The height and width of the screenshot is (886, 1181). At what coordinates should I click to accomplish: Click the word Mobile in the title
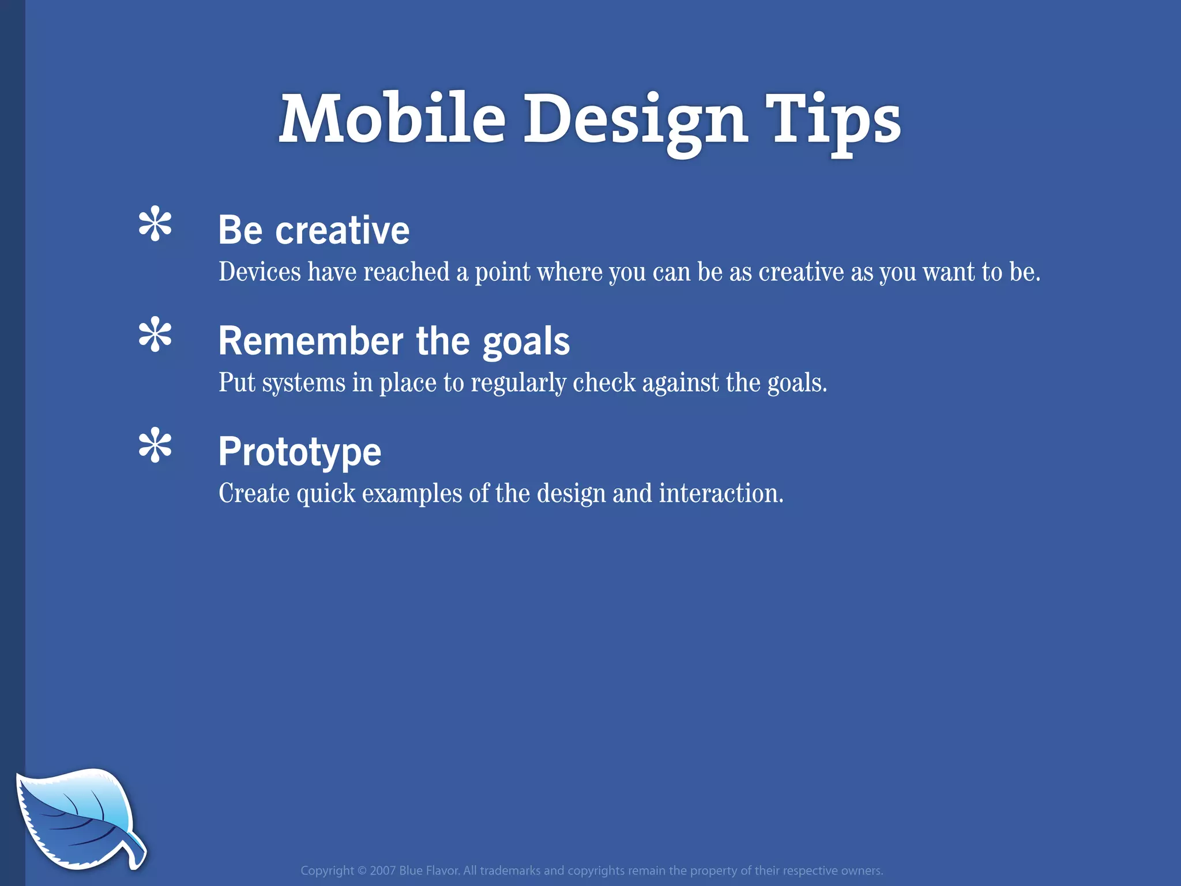[392, 119]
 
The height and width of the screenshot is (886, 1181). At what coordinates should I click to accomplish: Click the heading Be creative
[314, 230]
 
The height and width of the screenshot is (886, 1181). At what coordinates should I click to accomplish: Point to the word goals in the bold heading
[526, 341]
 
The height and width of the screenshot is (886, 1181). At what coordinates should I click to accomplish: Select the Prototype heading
[300, 452]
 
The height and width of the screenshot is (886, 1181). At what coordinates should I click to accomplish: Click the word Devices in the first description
[259, 272]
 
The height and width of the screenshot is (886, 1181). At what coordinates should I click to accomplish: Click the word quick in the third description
[326, 494]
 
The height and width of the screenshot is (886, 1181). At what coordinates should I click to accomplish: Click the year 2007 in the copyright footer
[382, 870]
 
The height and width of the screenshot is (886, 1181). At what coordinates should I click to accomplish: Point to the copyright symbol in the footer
[362, 870]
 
